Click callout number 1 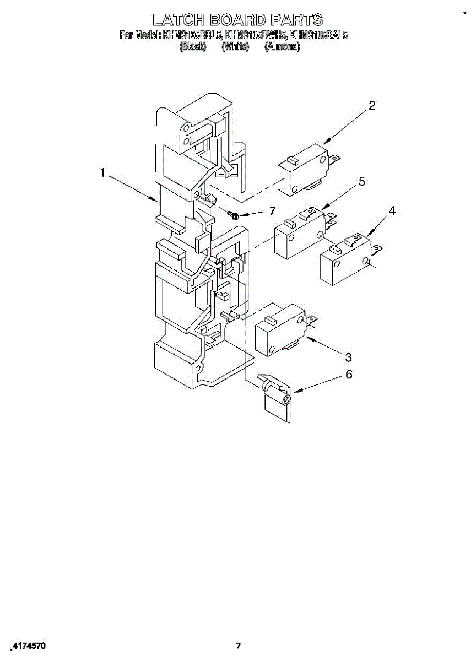point(102,173)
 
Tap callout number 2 point(372,106)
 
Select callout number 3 point(348,356)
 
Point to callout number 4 point(392,210)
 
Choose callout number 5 point(362,182)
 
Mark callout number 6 point(348,375)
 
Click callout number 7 point(271,211)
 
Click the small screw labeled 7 point(234,215)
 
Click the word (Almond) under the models point(283,47)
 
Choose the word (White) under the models point(236,47)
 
